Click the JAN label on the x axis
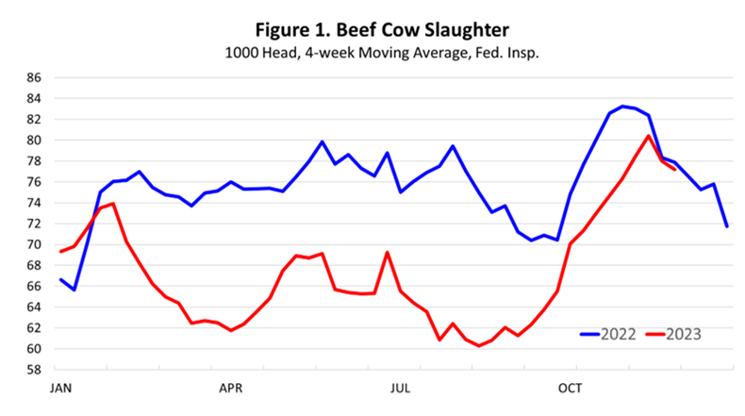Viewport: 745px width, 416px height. (61, 387)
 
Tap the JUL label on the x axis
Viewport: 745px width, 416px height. (400, 387)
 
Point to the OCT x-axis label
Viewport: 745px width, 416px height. (569, 387)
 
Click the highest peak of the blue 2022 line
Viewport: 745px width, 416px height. (622, 106)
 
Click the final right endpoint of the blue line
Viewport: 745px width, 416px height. (727, 226)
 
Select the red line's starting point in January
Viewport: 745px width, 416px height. (61, 252)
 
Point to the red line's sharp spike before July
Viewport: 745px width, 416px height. (388, 252)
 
